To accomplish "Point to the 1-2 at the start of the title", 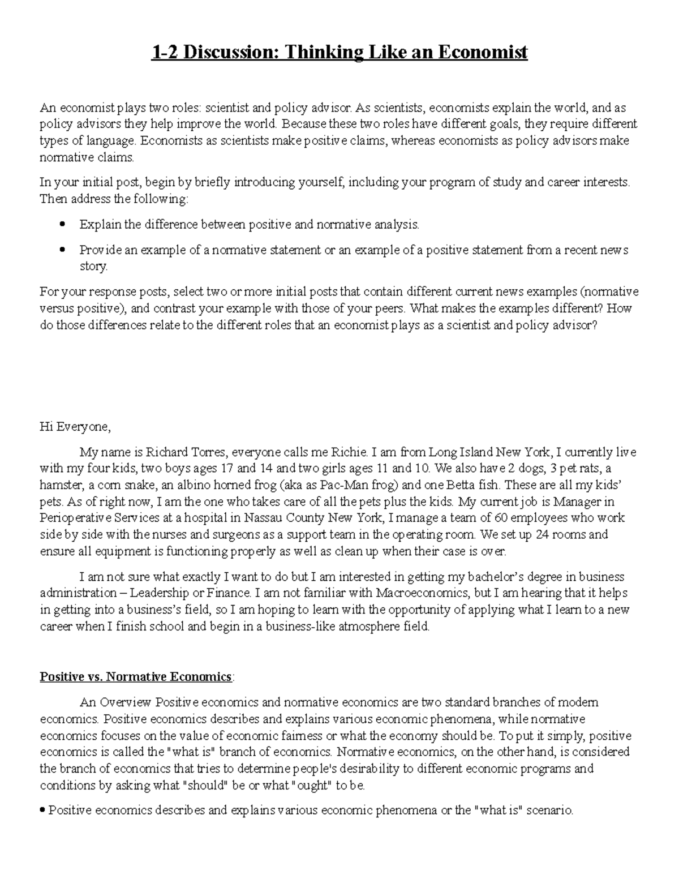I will (164, 53).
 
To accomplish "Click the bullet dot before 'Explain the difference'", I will (63, 225).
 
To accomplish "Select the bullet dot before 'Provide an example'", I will (63, 250).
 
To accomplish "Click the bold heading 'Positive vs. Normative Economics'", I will (136, 677).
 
